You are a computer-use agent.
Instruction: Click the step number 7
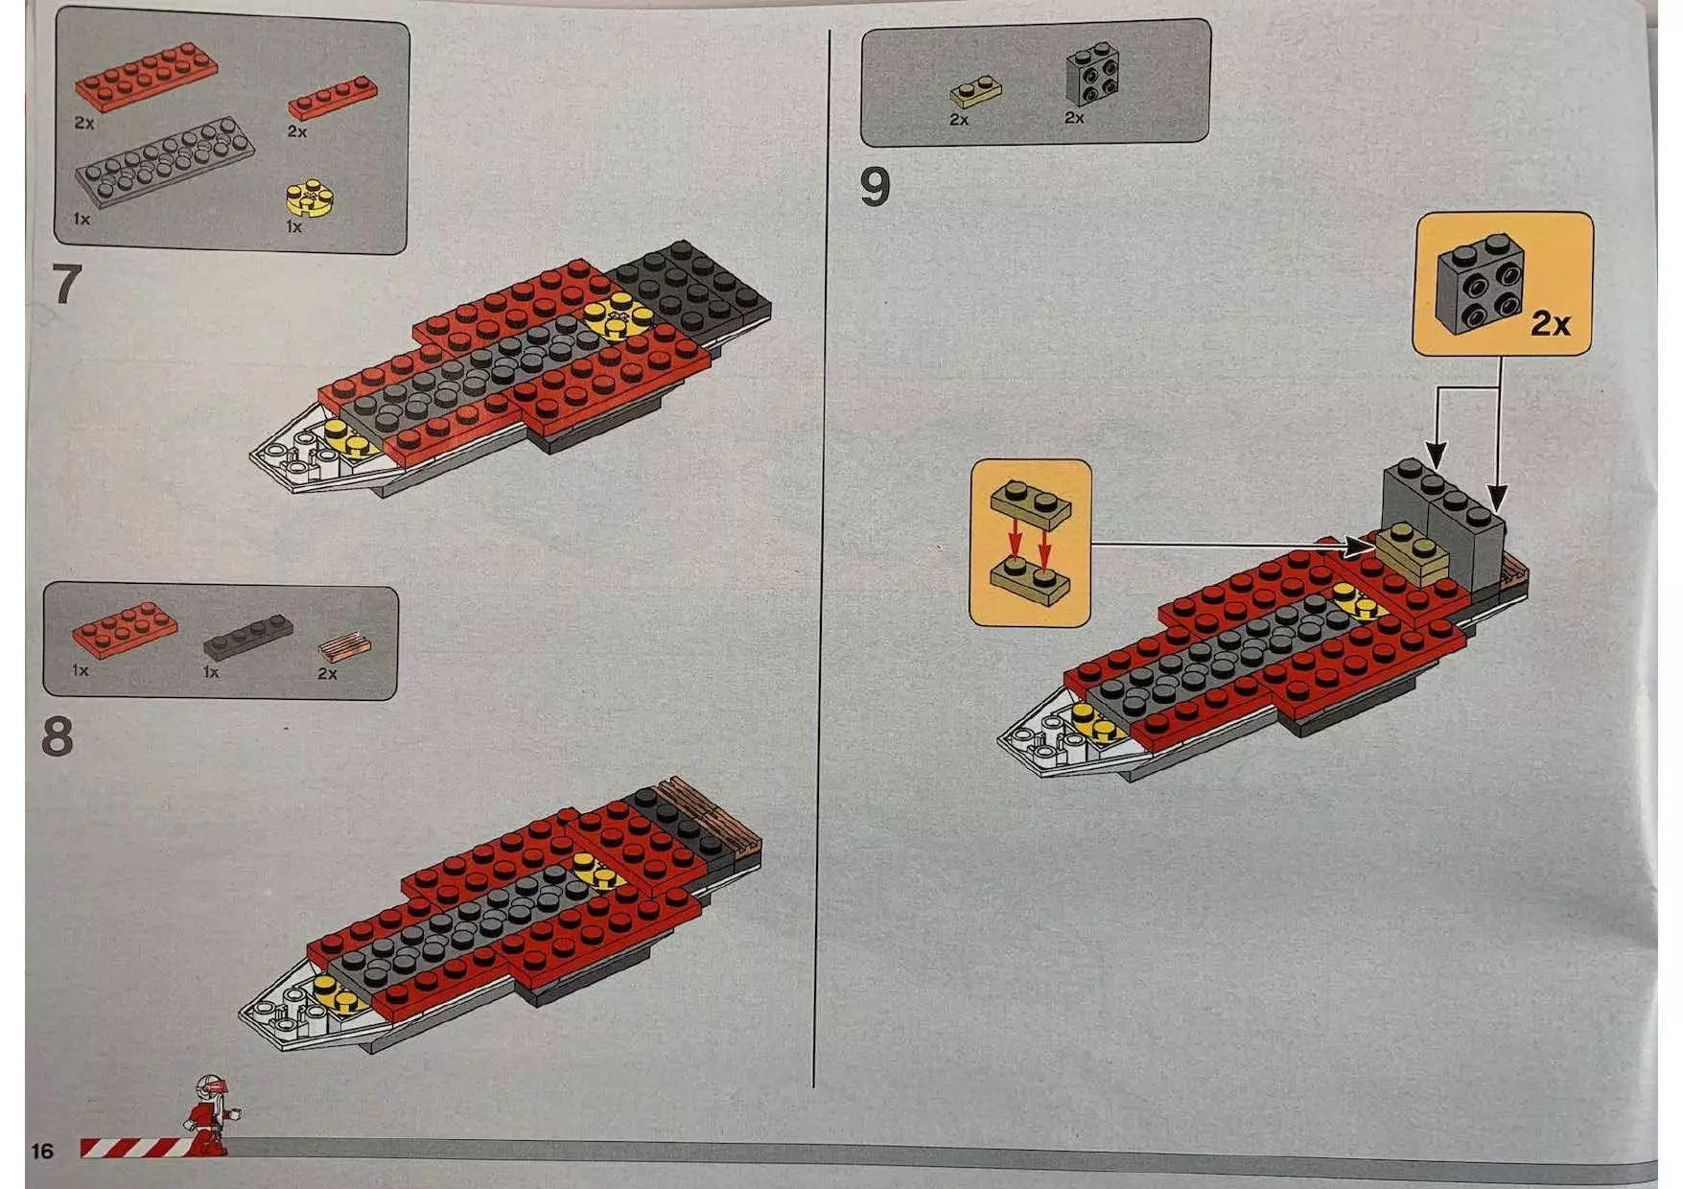tap(64, 284)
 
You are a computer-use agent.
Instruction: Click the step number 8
tap(58, 736)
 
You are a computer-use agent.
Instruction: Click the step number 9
tap(875, 186)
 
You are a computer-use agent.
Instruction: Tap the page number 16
tap(42, 1151)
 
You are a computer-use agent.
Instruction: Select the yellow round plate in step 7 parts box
tap(310, 198)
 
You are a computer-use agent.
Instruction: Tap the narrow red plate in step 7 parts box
tap(332, 97)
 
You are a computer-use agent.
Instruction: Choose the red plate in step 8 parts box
tap(125, 630)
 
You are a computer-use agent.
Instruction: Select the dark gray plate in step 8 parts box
tap(248, 636)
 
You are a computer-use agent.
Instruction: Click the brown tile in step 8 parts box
tap(342, 647)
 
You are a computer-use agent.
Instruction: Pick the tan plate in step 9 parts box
tap(976, 93)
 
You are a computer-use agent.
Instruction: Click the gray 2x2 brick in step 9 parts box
tap(1093, 73)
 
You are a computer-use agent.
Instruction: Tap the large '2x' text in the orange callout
tap(1550, 323)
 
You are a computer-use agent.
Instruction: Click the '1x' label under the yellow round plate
tap(293, 227)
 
